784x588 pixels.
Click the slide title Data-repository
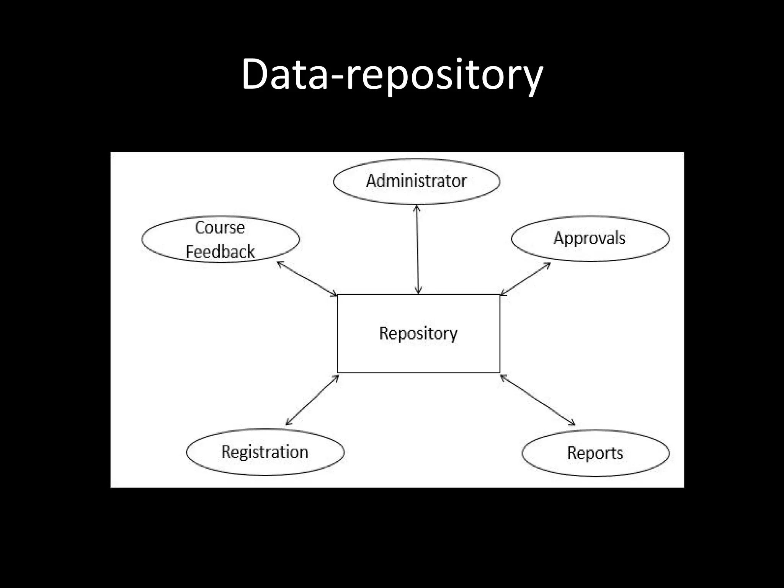pyautogui.click(x=392, y=75)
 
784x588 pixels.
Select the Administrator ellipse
pyautogui.click(x=416, y=181)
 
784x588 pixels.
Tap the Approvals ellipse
pyautogui.click(x=590, y=238)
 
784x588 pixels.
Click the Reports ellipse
pyautogui.click(x=595, y=453)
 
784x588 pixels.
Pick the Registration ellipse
pyautogui.click(x=265, y=452)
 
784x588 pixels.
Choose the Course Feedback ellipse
pyautogui.click(x=220, y=240)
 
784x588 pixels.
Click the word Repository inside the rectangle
pyautogui.click(x=418, y=333)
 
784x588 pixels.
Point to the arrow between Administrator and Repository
pyautogui.click(x=418, y=249)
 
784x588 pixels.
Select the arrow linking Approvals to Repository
pyautogui.click(x=525, y=279)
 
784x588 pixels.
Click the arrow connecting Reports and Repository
pyautogui.click(x=537, y=400)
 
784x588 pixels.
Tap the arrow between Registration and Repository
pyautogui.click(x=312, y=400)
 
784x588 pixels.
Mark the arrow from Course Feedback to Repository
pyautogui.click(x=307, y=278)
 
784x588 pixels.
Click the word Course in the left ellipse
pyautogui.click(x=220, y=228)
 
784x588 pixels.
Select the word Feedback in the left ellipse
pyautogui.click(x=220, y=252)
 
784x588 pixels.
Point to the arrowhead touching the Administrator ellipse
pyautogui.click(x=417, y=208)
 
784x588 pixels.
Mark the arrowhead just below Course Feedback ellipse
pyautogui.click(x=280, y=264)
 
